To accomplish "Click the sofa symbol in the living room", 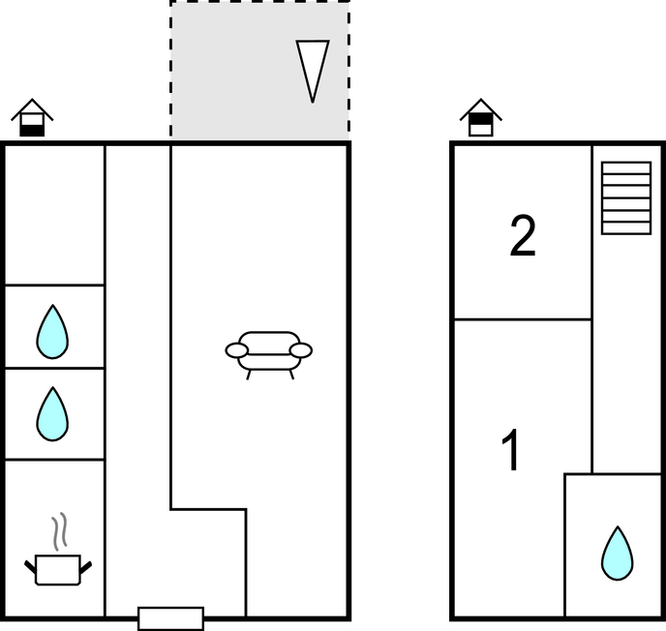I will [268, 350].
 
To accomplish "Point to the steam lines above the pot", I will [61, 531].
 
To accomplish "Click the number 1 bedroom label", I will [512, 450].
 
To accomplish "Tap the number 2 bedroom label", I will [523, 237].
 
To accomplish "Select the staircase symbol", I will [625, 197].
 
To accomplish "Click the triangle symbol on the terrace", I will [312, 70].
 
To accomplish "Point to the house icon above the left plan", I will [32, 118].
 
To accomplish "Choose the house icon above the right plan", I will [480, 118].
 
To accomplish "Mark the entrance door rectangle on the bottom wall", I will [170, 618].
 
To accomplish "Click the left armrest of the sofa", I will [237, 350].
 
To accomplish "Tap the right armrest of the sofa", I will [301, 350].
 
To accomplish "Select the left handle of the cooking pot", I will [30, 562].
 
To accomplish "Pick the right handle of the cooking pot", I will [86, 562].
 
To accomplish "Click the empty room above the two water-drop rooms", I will [54, 214].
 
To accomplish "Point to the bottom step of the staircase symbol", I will [625, 227].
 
